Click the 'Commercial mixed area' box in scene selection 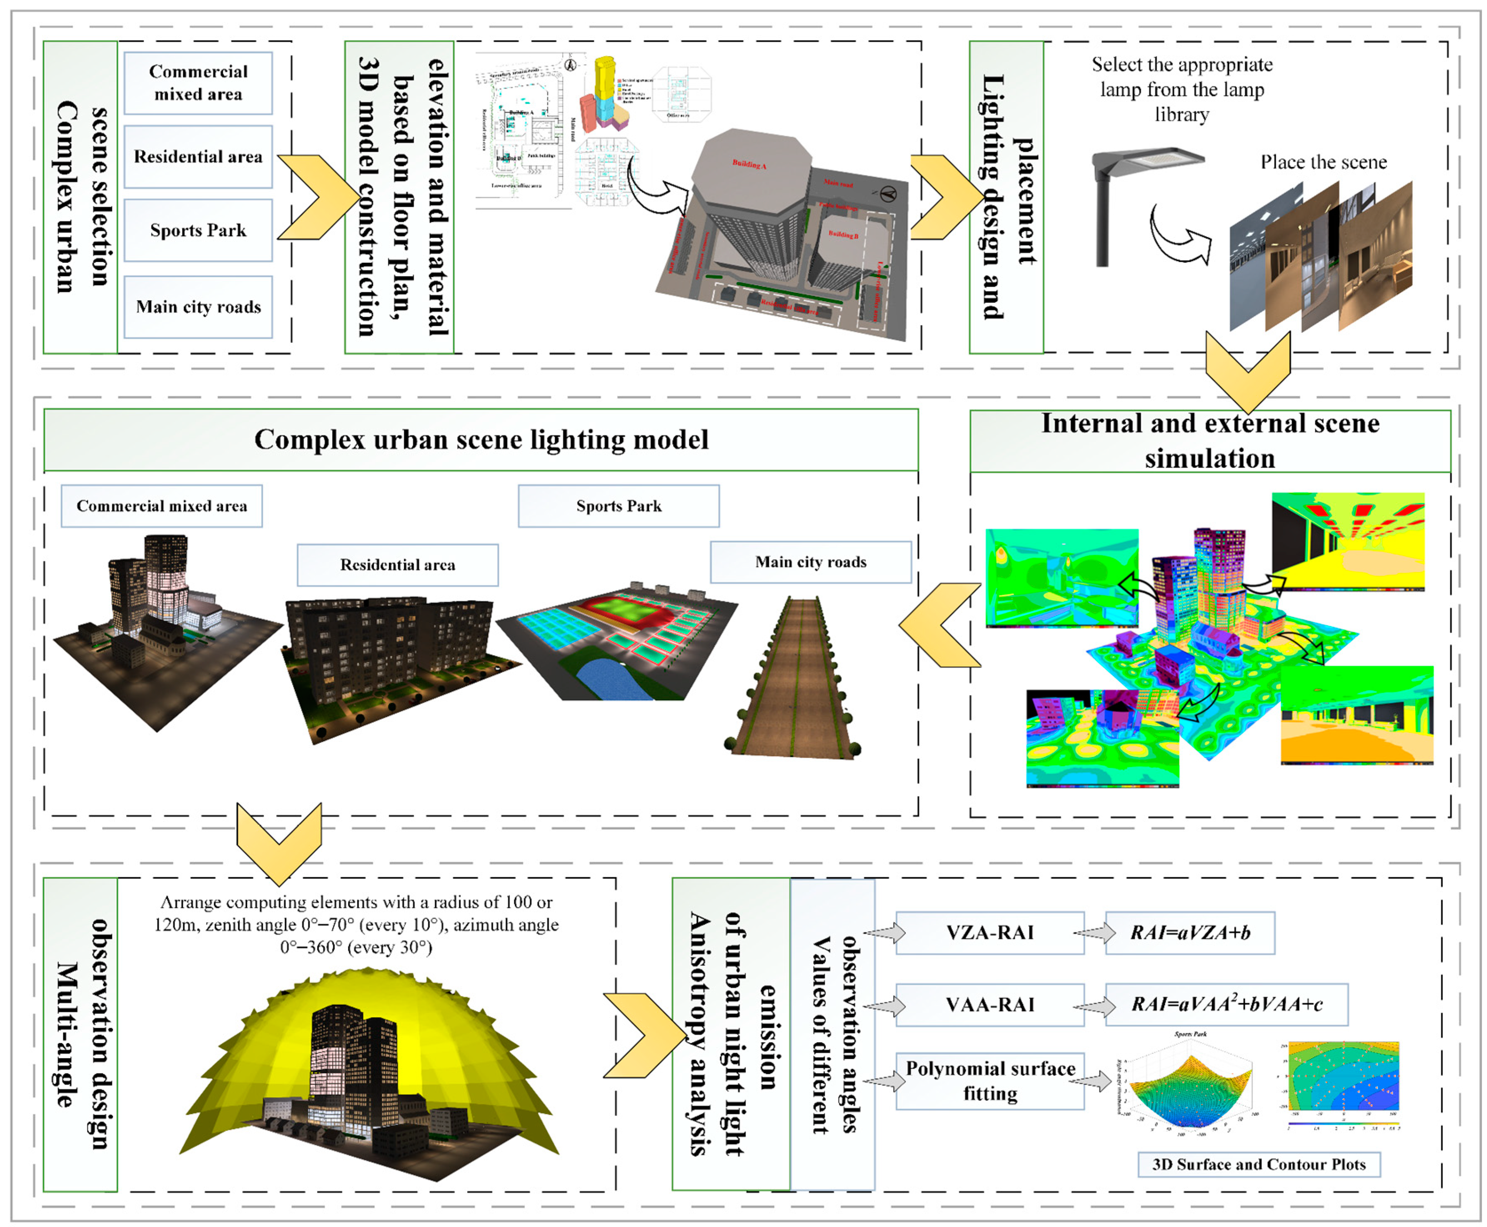[x=198, y=83]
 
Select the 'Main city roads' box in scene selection [x=198, y=307]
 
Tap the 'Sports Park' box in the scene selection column [x=198, y=230]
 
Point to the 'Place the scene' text [x=1323, y=163]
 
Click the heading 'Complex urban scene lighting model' [x=481, y=440]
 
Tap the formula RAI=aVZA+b [x=1189, y=933]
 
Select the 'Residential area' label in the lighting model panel [x=397, y=565]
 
